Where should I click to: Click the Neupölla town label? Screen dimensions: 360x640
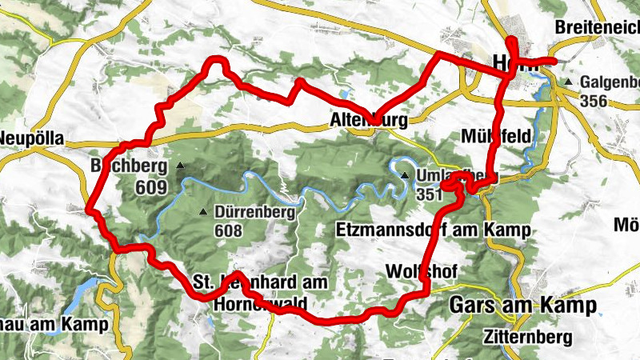31,138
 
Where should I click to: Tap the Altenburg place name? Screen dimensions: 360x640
369,121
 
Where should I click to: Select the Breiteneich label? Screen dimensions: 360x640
597,26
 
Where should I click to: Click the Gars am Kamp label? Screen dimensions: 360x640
523,306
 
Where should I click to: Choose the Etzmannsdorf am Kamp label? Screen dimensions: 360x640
433,231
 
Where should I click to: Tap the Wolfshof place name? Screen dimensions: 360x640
421,272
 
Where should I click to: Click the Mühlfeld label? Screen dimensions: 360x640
496,136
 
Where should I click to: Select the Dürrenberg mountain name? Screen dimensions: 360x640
255,213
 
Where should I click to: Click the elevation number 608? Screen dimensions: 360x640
228,230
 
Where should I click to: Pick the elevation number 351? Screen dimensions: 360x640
430,194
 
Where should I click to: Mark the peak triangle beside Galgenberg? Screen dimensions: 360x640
568,82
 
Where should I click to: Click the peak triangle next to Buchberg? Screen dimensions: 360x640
180,166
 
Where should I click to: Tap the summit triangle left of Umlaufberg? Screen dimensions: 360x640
405,176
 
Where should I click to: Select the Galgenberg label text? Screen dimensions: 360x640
612,82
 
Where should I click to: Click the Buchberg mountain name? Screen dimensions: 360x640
128,166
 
